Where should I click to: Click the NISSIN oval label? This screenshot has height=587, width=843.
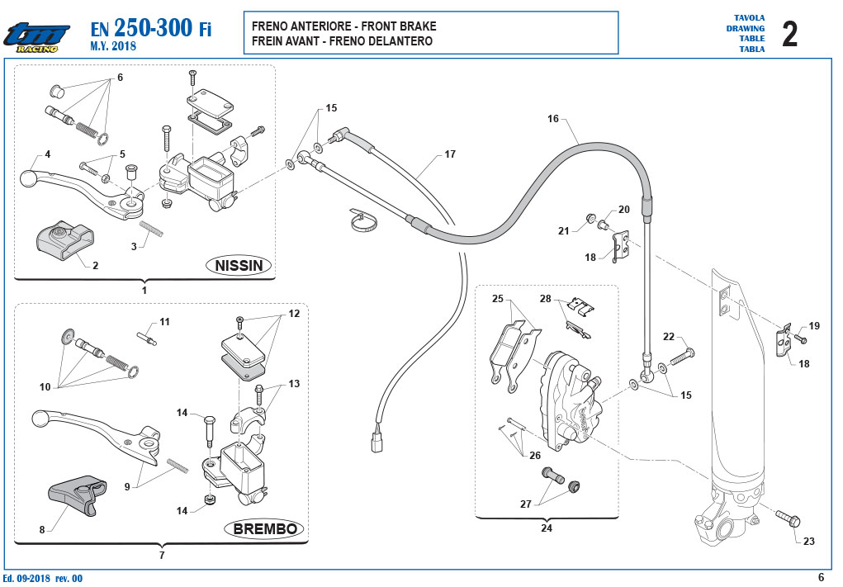239,265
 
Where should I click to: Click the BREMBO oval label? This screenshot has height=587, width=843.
264,529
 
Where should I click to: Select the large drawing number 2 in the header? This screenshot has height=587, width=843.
790,34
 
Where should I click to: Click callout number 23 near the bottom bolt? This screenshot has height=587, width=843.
808,542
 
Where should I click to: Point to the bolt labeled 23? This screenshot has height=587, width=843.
789,518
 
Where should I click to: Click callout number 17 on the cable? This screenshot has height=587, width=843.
450,154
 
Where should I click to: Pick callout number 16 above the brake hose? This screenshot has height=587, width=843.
553,119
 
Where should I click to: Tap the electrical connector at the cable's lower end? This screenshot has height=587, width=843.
377,443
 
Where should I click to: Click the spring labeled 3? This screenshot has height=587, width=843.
152,229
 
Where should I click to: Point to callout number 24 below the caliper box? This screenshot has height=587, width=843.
547,528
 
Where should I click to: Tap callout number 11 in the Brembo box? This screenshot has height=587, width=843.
164,322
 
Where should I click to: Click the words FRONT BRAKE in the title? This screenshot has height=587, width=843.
399,26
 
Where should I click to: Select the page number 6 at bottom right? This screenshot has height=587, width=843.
821,577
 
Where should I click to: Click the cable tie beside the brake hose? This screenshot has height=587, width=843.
363,220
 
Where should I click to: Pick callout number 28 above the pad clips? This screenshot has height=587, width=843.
546,299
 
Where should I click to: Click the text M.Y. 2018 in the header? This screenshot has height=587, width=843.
113,46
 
